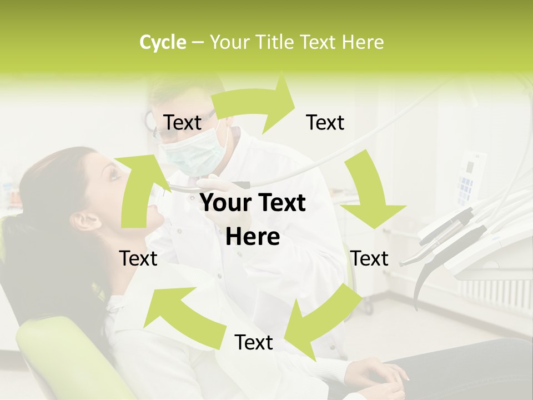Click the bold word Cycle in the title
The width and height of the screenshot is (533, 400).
(163, 42)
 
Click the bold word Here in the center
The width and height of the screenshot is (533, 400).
(253, 237)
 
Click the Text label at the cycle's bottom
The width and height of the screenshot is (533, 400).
(254, 343)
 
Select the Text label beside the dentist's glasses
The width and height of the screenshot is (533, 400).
(182, 123)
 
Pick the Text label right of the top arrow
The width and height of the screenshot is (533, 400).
(325, 123)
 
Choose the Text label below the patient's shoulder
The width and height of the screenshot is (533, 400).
(138, 258)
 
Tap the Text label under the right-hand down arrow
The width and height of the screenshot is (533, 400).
(370, 258)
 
